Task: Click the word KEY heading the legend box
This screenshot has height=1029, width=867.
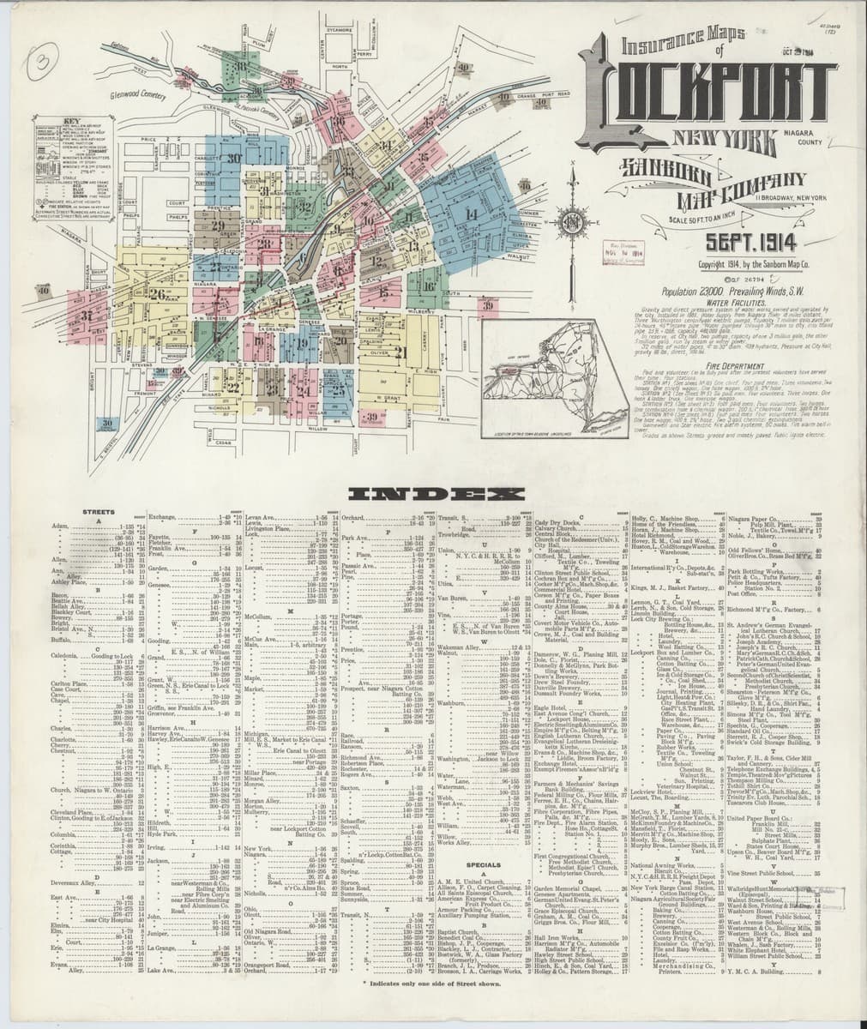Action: [x=53, y=122]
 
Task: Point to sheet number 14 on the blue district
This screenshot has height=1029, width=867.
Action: [x=470, y=213]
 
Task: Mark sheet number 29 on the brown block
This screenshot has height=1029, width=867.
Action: [x=217, y=226]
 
